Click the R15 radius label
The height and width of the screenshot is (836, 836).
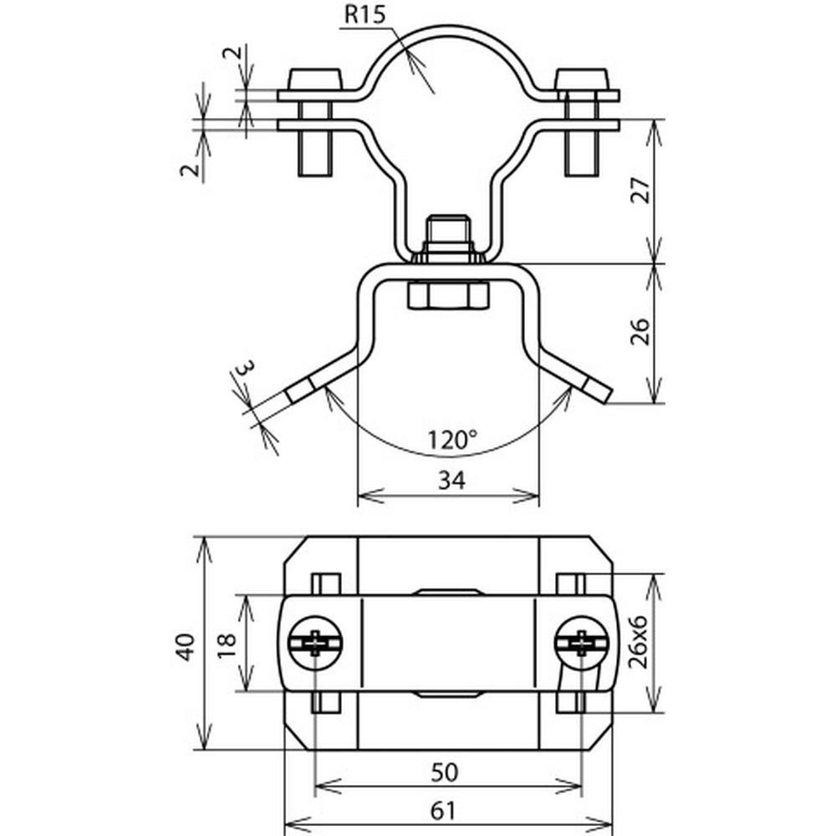pyautogui.click(x=364, y=14)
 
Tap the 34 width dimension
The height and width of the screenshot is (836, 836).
pyautogui.click(x=451, y=481)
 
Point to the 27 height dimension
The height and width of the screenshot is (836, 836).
pyautogui.click(x=641, y=191)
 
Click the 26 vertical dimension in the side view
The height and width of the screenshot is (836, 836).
pyautogui.click(x=641, y=331)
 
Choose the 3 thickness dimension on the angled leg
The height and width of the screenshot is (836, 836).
pyautogui.click(x=245, y=368)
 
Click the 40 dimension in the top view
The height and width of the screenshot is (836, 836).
pyautogui.click(x=186, y=647)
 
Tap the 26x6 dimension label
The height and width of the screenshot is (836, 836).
pyautogui.click(x=638, y=642)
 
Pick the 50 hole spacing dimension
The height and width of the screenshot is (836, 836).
pyautogui.click(x=444, y=772)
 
